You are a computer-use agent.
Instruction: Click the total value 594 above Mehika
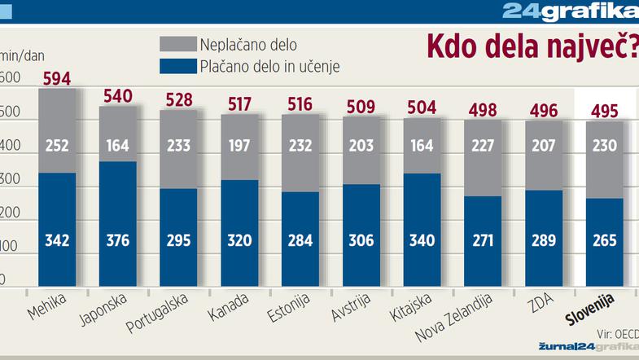[58, 78]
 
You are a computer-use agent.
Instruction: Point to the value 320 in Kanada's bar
[239, 240]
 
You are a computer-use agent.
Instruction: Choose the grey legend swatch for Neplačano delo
[177, 44]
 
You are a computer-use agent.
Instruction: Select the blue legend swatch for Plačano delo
[177, 66]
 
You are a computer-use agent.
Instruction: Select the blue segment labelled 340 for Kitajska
[422, 240]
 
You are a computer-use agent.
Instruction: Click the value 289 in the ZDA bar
[544, 240]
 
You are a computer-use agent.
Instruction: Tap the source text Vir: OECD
[616, 332]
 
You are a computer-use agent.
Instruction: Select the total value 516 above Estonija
[300, 104]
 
